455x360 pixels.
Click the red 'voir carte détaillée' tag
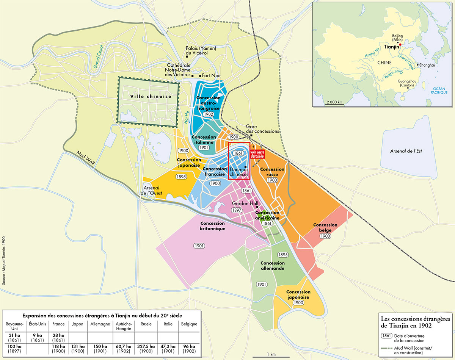pyautogui.click(x=256, y=154)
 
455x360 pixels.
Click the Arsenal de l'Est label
pyautogui.click(x=406, y=151)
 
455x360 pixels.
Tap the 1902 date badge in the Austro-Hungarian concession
pyautogui.click(x=208, y=114)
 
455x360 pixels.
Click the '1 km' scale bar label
pyautogui.click(x=271, y=354)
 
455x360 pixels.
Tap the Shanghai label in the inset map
pyautogui.click(x=426, y=65)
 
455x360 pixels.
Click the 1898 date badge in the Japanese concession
pyautogui.click(x=180, y=177)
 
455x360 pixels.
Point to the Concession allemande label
pyautogui.click(x=272, y=266)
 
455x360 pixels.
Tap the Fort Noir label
pyautogui.click(x=211, y=75)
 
